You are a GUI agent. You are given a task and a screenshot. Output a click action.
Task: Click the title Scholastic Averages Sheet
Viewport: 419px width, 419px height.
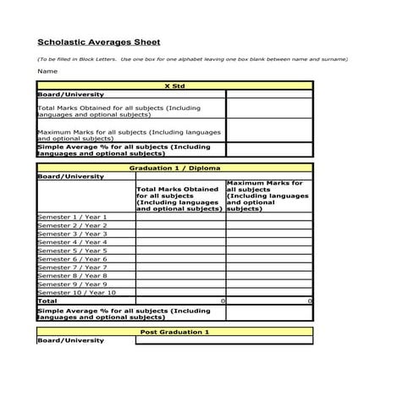[x=98, y=41]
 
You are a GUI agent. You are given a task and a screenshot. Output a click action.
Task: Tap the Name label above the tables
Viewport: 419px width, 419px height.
[x=47, y=71]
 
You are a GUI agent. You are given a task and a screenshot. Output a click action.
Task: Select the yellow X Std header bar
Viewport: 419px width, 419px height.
[x=174, y=85]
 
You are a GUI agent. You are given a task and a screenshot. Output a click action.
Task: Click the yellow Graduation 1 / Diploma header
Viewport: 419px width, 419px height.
[x=174, y=168]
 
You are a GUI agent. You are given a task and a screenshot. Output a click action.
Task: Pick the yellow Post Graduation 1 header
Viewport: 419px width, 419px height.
[x=174, y=332]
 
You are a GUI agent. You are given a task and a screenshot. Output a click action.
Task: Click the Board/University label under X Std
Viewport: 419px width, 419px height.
[x=71, y=95]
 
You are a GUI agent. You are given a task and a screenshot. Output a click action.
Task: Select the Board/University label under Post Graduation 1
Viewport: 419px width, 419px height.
[x=71, y=340]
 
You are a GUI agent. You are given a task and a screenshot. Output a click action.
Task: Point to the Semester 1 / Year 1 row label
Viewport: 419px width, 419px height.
[x=72, y=218]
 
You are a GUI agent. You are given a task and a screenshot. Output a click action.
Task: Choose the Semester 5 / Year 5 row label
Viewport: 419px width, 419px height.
[x=72, y=251]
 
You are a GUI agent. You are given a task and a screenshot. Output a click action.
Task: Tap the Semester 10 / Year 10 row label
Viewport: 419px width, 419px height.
[x=76, y=292]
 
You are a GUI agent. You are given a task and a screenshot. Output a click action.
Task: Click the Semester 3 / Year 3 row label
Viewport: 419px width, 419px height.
[x=72, y=234]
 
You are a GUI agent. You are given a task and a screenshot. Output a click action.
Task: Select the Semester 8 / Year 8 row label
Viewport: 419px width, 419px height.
[x=72, y=275]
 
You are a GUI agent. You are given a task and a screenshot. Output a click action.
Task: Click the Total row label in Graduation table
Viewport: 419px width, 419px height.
[x=47, y=300]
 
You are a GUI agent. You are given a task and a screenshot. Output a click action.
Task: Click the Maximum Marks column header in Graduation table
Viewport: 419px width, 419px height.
[x=268, y=196]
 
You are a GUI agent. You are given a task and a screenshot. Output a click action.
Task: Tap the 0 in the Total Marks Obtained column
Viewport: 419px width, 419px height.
[x=223, y=300]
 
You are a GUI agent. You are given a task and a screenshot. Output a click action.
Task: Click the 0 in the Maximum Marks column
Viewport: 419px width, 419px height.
[x=310, y=300]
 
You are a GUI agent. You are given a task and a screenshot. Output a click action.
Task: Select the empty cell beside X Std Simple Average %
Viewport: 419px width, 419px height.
[x=269, y=150]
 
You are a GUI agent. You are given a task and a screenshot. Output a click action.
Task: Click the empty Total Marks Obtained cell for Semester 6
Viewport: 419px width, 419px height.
[x=180, y=259]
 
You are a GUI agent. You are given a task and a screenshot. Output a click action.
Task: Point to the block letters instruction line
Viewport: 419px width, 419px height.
[x=192, y=59]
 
